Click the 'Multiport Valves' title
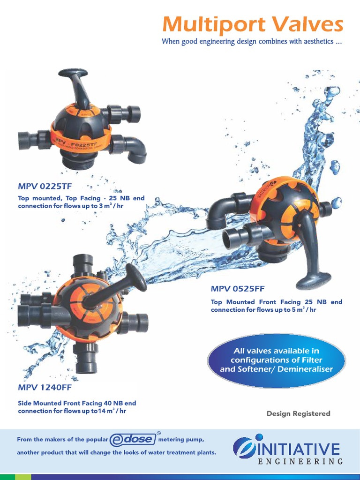pyautogui.click(x=252, y=24)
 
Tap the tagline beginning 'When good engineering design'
pyautogui.click(x=252, y=42)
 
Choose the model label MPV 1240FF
pyautogui.click(x=45, y=388)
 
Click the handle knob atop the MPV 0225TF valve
pyautogui.click(x=73, y=73)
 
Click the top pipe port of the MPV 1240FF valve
pyautogui.click(x=83, y=264)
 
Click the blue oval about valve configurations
pyautogui.click(x=276, y=360)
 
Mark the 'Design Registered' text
pyautogui.click(x=298, y=413)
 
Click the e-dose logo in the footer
pyautogui.click(x=133, y=439)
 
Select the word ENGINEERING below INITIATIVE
pyautogui.click(x=301, y=462)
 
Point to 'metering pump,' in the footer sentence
pyautogui.click(x=181, y=439)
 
